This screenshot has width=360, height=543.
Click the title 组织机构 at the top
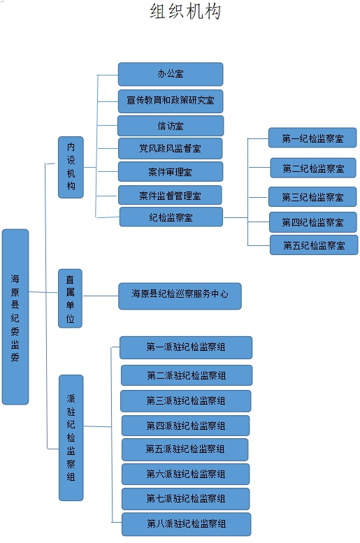(x=185, y=11)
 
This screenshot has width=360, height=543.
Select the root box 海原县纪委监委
(x=15, y=317)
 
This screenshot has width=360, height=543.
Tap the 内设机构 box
(x=71, y=167)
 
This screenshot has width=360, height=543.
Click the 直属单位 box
(x=70, y=298)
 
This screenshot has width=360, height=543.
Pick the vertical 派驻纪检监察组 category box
(x=71, y=437)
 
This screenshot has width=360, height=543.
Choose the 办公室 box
(x=171, y=74)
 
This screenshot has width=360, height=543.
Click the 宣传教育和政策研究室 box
(x=171, y=101)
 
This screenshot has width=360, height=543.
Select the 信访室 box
(x=171, y=126)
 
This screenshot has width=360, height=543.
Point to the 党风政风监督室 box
(x=170, y=149)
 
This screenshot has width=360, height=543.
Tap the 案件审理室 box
(x=171, y=172)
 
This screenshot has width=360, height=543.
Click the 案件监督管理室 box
(x=170, y=195)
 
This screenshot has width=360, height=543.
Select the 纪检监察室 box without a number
(x=171, y=217)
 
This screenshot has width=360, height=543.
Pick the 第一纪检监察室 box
(x=312, y=138)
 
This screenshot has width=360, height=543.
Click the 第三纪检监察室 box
(x=312, y=196)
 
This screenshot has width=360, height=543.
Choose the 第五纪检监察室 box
(x=314, y=245)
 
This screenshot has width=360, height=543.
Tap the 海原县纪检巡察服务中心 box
(x=180, y=296)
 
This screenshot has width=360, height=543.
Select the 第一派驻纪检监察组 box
(x=186, y=347)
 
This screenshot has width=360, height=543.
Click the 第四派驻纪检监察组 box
(x=185, y=426)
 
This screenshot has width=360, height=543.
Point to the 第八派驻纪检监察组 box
(x=187, y=524)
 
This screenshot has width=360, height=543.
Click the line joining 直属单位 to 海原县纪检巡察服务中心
(x=101, y=296)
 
